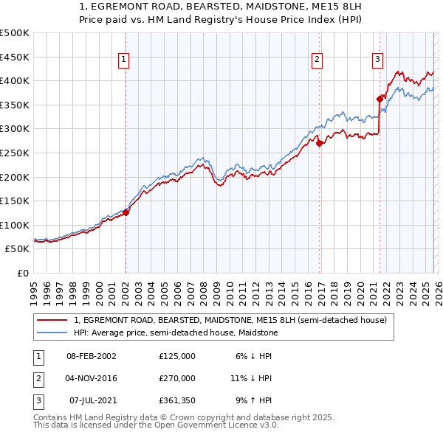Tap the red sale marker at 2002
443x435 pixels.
(x=126, y=212)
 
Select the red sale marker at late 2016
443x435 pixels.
(x=319, y=144)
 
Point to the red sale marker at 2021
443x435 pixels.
(x=380, y=99)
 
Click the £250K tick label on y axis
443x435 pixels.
(x=15, y=153)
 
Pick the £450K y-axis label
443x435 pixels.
(x=15, y=57)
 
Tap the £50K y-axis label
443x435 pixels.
(x=18, y=249)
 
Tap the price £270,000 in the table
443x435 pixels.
(x=176, y=378)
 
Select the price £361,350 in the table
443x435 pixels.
(x=176, y=401)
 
